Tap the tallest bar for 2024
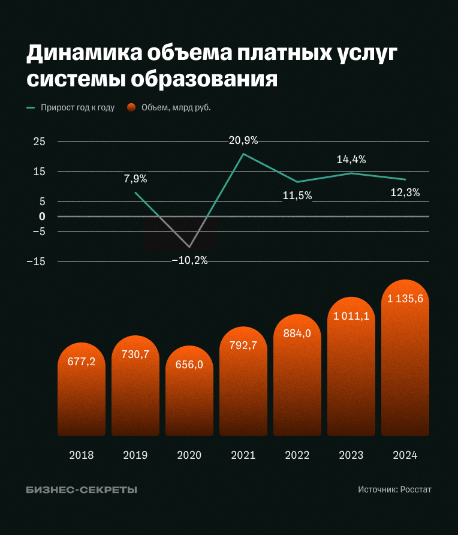(405, 360)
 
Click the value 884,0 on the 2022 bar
(297, 333)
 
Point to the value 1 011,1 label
(351, 316)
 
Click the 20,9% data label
(243, 141)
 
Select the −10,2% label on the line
(189, 261)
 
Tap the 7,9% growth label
(135, 179)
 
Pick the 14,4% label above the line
(351, 160)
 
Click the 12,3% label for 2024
(405, 193)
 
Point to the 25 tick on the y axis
(39, 142)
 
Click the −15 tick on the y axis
(37, 262)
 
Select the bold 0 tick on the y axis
(42, 217)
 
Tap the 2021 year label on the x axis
(243, 455)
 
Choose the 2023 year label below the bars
(351, 455)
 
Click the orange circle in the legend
(131, 108)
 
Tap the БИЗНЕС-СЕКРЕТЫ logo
(82, 490)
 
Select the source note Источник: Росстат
(394, 489)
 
